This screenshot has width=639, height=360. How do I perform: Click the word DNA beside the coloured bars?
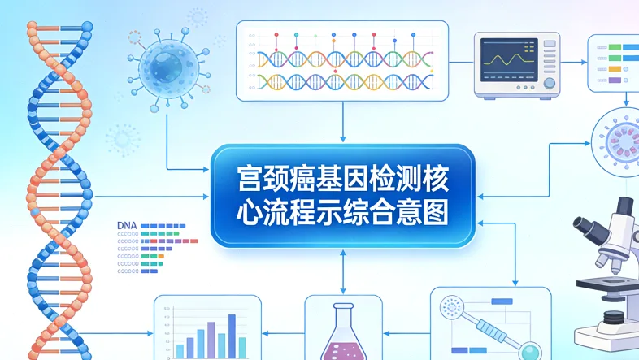pyautogui.click(x=127, y=224)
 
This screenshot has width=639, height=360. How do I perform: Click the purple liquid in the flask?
pyautogui.click(x=342, y=350)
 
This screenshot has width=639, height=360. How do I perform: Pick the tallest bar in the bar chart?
pyautogui.click(x=232, y=335)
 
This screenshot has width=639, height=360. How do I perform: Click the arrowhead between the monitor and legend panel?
pyautogui.click(x=583, y=62)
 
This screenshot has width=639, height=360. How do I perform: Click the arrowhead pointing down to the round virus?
pyautogui.click(x=626, y=103)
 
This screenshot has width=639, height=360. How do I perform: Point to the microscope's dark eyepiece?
pyautogui.click(x=587, y=224)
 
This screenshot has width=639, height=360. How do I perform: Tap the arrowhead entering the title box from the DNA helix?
pyautogui.click(x=207, y=197)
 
